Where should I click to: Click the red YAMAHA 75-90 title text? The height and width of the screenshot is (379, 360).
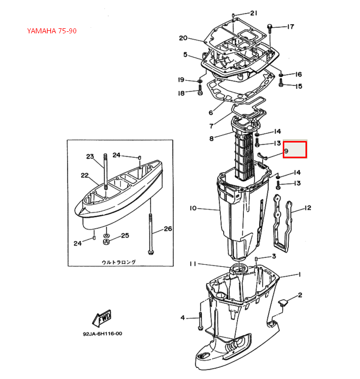pyautogui.click(x=52, y=31)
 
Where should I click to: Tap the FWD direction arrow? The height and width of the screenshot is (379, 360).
pyautogui.click(x=102, y=318)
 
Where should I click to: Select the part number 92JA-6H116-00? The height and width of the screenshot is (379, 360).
pyautogui.click(x=102, y=334)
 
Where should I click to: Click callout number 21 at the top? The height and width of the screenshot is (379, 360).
pyautogui.click(x=253, y=13)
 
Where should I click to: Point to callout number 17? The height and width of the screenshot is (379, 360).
pyautogui.click(x=290, y=26)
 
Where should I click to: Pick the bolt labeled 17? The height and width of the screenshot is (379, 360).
pyautogui.click(x=270, y=28)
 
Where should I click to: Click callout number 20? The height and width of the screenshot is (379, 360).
pyautogui.click(x=183, y=38)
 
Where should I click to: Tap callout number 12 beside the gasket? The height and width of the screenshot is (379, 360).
pyautogui.click(x=308, y=208)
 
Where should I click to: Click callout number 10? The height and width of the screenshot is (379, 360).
pyautogui.click(x=193, y=208)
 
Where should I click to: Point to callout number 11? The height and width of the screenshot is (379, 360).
pyautogui.click(x=193, y=263)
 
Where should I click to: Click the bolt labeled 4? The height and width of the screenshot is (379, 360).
pyautogui.click(x=200, y=321)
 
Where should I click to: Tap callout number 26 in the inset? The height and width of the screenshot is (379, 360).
pyautogui.click(x=168, y=228)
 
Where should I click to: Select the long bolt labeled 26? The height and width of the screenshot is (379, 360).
pyautogui.click(x=150, y=234)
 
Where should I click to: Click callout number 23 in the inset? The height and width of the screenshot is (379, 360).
pyautogui.click(x=90, y=156)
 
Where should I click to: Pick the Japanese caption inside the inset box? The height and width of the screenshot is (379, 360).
pyautogui.click(x=119, y=262)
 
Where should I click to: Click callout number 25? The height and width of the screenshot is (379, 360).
pyautogui.click(x=125, y=235)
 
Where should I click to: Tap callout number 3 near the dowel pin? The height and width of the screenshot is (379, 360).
pyautogui.click(x=274, y=256)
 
